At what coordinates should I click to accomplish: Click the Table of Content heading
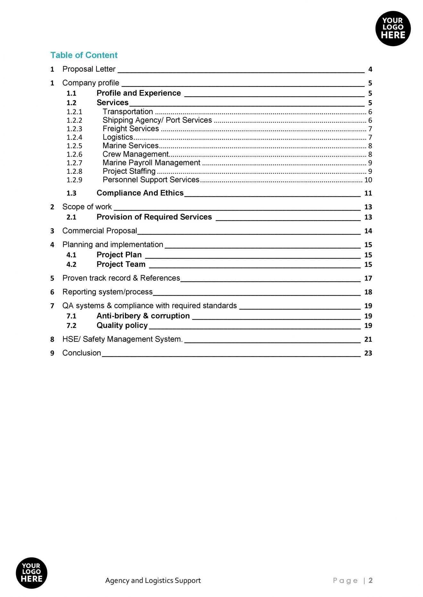[84, 55]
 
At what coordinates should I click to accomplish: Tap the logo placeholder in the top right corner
[393, 28]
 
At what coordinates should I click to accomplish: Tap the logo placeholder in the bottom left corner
[31, 573]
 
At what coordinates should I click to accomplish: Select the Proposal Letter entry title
[89, 69]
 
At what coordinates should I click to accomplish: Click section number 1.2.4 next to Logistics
[74, 137]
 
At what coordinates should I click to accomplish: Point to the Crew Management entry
[135, 154]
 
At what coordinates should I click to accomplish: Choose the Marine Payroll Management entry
[151, 163]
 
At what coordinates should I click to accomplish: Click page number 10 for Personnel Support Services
[368, 180]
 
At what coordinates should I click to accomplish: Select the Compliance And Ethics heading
[140, 193]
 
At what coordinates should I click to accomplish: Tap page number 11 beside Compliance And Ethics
[368, 193]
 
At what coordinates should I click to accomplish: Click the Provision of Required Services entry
[154, 217]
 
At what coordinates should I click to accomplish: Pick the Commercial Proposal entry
[100, 231]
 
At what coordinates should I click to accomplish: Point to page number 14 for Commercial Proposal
[368, 231]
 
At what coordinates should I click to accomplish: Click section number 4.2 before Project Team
[71, 265]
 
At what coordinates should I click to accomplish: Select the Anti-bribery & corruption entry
[143, 316]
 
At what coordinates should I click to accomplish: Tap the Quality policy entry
[122, 325]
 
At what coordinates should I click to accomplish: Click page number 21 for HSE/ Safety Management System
[368, 339]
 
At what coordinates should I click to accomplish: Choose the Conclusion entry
[82, 353]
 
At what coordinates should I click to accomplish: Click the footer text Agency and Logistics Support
[153, 580]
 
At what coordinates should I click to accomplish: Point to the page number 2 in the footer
[370, 580]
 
